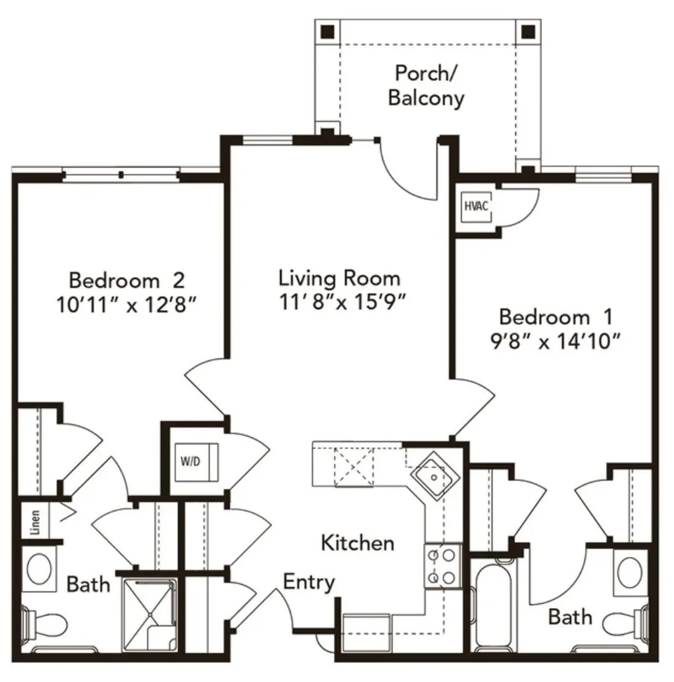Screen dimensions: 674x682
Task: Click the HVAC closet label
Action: [x=476, y=205]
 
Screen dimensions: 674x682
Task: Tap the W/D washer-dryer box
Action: [x=197, y=462]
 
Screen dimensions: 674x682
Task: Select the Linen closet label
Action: [x=35, y=522]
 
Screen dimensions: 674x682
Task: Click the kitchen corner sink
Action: [x=434, y=477]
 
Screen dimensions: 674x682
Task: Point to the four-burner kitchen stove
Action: [x=442, y=566]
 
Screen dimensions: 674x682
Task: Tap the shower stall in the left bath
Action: [x=150, y=614]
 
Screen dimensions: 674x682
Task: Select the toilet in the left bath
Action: [x=44, y=625]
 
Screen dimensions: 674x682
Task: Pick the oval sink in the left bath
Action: [x=39, y=569]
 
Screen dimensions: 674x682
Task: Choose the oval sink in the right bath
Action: [x=630, y=573]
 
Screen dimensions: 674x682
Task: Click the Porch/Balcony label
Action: [x=426, y=85]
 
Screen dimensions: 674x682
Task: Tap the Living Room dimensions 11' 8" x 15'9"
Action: [x=342, y=301]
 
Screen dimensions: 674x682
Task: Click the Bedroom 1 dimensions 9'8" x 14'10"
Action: [x=555, y=341]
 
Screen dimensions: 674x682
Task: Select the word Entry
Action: [x=309, y=583]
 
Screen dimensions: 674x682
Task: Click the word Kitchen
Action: [x=358, y=543]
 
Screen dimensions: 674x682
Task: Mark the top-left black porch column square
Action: [x=328, y=31]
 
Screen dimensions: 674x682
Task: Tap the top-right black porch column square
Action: [x=528, y=31]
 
